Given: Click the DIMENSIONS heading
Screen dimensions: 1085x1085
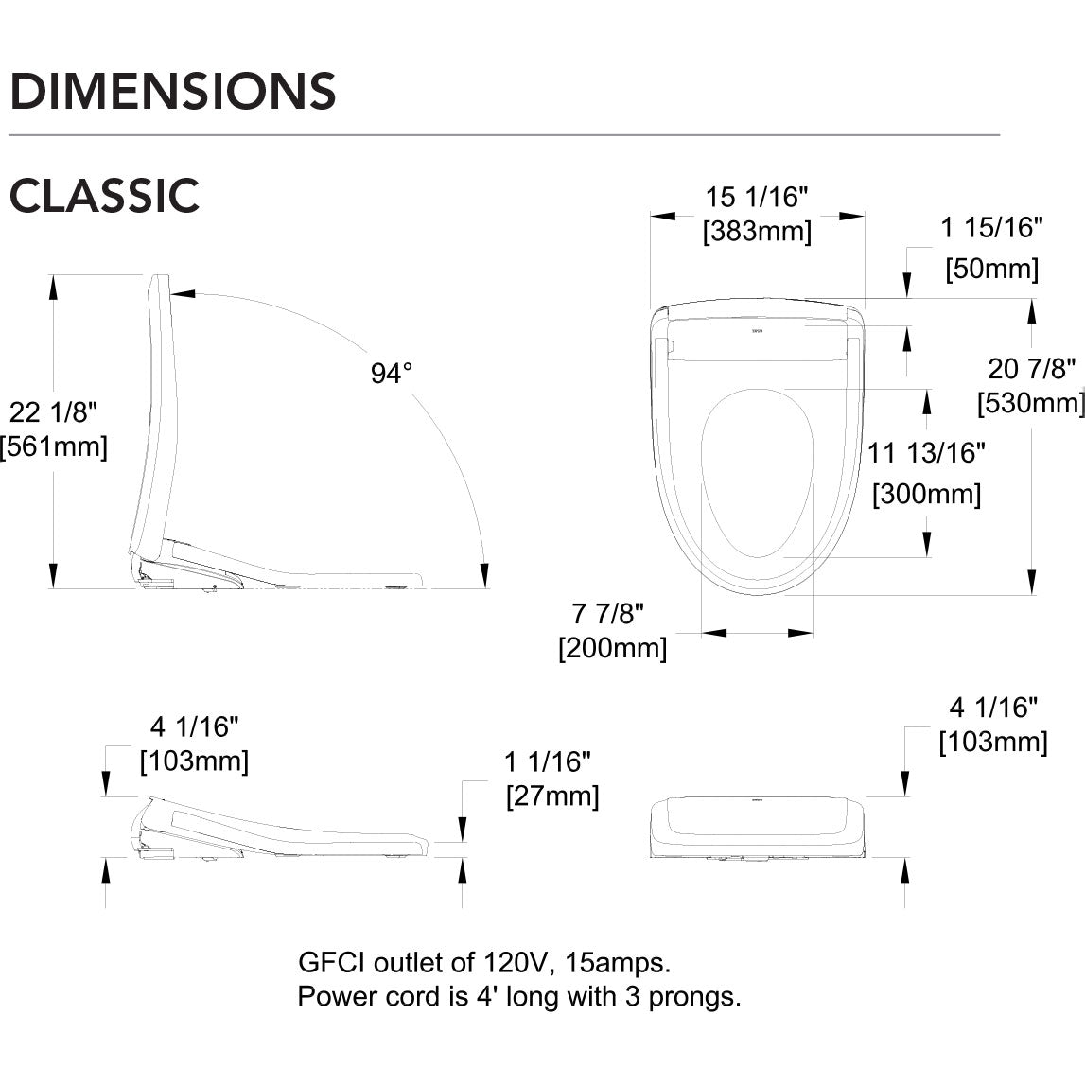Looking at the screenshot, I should tap(172, 91).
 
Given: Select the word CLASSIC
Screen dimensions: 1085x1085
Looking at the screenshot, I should tap(104, 196).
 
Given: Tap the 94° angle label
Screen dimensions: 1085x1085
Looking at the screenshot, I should tap(392, 374).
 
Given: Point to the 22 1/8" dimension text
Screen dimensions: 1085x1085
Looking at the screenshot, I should tap(54, 411).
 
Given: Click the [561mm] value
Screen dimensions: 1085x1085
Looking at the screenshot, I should tap(54, 446).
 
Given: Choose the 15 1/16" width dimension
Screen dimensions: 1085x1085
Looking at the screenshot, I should tap(757, 197).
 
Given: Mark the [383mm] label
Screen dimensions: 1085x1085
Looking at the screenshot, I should tap(757, 231).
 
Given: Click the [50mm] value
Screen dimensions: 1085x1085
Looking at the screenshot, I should tap(991, 269).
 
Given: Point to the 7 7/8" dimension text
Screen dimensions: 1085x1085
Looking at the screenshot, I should tap(609, 614).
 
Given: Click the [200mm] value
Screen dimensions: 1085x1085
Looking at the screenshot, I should tap(612, 649).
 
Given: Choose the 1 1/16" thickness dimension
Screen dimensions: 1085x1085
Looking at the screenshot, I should tap(548, 761).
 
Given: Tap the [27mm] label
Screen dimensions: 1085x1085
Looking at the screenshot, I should tap(552, 796).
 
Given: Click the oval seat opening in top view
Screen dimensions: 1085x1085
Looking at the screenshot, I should tap(759, 473).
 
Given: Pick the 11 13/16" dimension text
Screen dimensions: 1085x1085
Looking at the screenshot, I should tap(927, 453).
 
